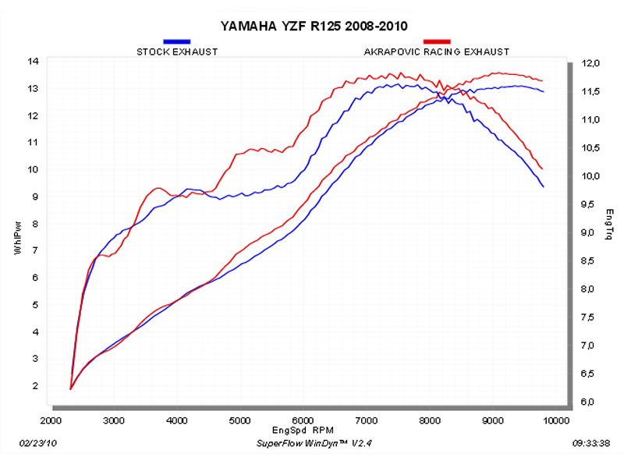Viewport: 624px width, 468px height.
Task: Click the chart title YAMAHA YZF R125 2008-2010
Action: (313, 25)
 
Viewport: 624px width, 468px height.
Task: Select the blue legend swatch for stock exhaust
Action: (177, 41)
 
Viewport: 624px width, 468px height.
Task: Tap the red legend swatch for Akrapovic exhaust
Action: (437, 41)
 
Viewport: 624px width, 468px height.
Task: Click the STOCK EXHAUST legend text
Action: (177, 51)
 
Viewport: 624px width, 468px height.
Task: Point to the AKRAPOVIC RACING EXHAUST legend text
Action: (437, 51)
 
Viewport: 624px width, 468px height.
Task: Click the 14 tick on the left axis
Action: (34, 61)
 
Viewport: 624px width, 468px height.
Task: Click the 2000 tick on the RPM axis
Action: (51, 420)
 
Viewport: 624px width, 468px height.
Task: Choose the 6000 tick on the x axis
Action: (303, 420)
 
